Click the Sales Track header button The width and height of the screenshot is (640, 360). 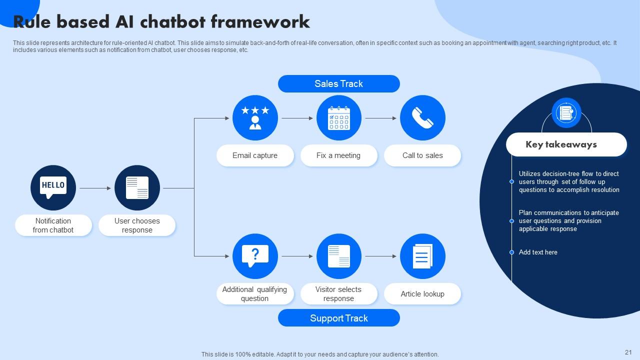(x=338, y=84)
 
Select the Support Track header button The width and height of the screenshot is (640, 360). (x=338, y=318)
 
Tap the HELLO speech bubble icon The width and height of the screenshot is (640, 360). (x=53, y=188)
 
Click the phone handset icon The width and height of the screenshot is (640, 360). (x=422, y=118)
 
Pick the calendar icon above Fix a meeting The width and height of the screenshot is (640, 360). (x=338, y=118)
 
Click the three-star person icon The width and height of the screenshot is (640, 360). (x=255, y=118)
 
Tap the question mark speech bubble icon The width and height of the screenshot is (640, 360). (x=255, y=256)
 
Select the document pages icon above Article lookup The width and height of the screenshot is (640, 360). (x=422, y=256)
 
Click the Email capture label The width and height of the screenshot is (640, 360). (x=255, y=155)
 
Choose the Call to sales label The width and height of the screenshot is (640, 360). (x=422, y=155)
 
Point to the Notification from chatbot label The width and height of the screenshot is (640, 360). (x=53, y=225)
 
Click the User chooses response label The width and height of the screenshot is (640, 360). (x=137, y=225)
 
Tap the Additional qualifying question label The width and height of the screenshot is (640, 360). (x=255, y=294)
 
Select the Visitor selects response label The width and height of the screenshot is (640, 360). (x=338, y=294)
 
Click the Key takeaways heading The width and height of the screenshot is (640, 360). (x=561, y=144)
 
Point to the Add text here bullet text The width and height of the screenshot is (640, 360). (x=538, y=252)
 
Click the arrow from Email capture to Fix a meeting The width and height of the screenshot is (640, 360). (x=297, y=118)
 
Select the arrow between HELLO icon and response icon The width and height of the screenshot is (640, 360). (x=95, y=188)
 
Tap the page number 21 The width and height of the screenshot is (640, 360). (x=628, y=352)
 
